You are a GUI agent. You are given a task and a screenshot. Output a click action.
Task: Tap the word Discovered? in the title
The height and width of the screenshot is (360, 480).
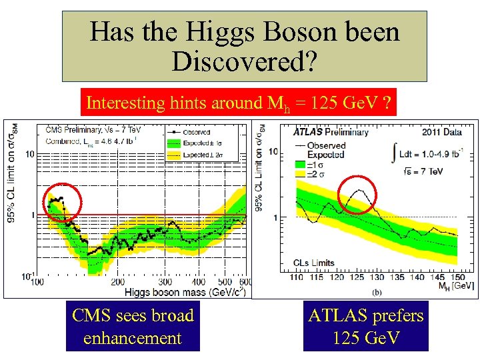click(243, 61)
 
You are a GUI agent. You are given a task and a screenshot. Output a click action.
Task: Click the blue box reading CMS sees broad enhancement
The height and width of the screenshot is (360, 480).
click(132, 327)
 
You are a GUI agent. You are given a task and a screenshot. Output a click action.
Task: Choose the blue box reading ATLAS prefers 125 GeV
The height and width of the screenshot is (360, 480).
click(365, 327)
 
